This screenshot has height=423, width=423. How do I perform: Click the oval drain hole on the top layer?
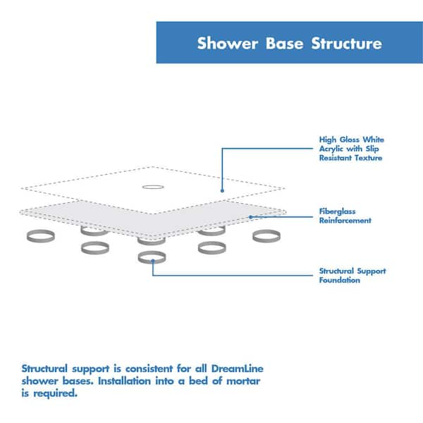[152, 188]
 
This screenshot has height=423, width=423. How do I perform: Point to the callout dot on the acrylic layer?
[222, 190]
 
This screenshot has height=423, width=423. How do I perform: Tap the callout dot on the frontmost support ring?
[153, 261]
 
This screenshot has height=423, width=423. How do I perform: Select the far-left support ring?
[38, 235]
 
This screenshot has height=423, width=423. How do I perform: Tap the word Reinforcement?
[345, 221]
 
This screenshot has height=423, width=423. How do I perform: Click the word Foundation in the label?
[340, 281]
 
